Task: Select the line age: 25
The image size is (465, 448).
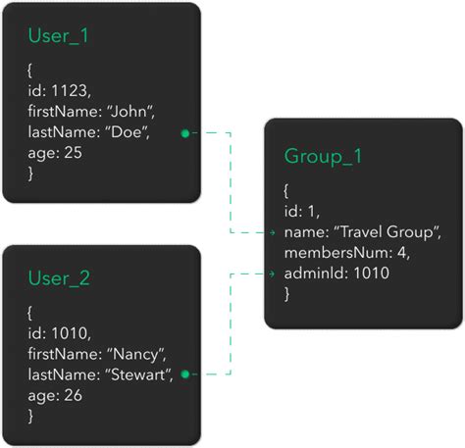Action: click(x=54, y=153)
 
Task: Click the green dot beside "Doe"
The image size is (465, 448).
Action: click(x=185, y=133)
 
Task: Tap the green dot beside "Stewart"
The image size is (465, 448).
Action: click(x=185, y=374)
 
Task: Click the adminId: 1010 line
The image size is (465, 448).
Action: click(x=336, y=274)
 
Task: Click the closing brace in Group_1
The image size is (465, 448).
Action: click(x=286, y=293)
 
